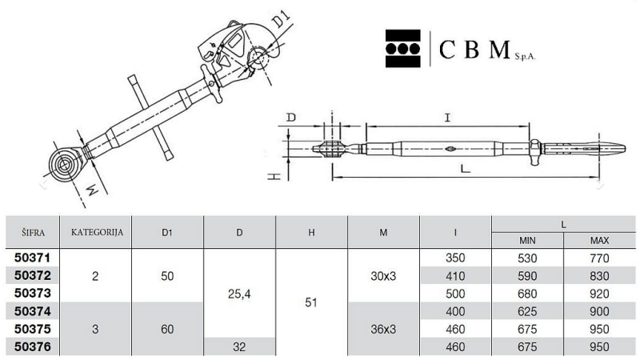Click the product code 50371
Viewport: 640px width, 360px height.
click(x=32, y=258)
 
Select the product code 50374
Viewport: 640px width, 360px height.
click(x=32, y=311)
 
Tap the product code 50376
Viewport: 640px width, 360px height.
click(x=32, y=347)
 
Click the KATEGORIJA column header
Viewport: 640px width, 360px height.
click(x=97, y=233)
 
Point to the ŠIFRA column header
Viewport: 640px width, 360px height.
click(x=33, y=233)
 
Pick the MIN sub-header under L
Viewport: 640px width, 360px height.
click(x=527, y=241)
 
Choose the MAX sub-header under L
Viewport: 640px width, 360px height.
click(x=599, y=241)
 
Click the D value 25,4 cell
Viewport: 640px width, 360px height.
click(x=239, y=294)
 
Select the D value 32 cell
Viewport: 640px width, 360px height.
click(x=239, y=347)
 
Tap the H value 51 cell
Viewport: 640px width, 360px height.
click(x=311, y=302)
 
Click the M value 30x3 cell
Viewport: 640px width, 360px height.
click(x=383, y=276)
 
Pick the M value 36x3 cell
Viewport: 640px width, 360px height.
click(x=383, y=329)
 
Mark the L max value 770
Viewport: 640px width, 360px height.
click(x=599, y=258)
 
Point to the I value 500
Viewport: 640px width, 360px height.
click(x=455, y=294)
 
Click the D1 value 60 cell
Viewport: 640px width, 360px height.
click(x=167, y=329)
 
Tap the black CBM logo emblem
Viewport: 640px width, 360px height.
click(x=403, y=48)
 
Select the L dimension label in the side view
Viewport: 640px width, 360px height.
click(x=466, y=168)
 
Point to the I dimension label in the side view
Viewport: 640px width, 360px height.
click(x=448, y=118)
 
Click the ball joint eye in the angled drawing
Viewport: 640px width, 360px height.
click(x=65, y=165)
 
